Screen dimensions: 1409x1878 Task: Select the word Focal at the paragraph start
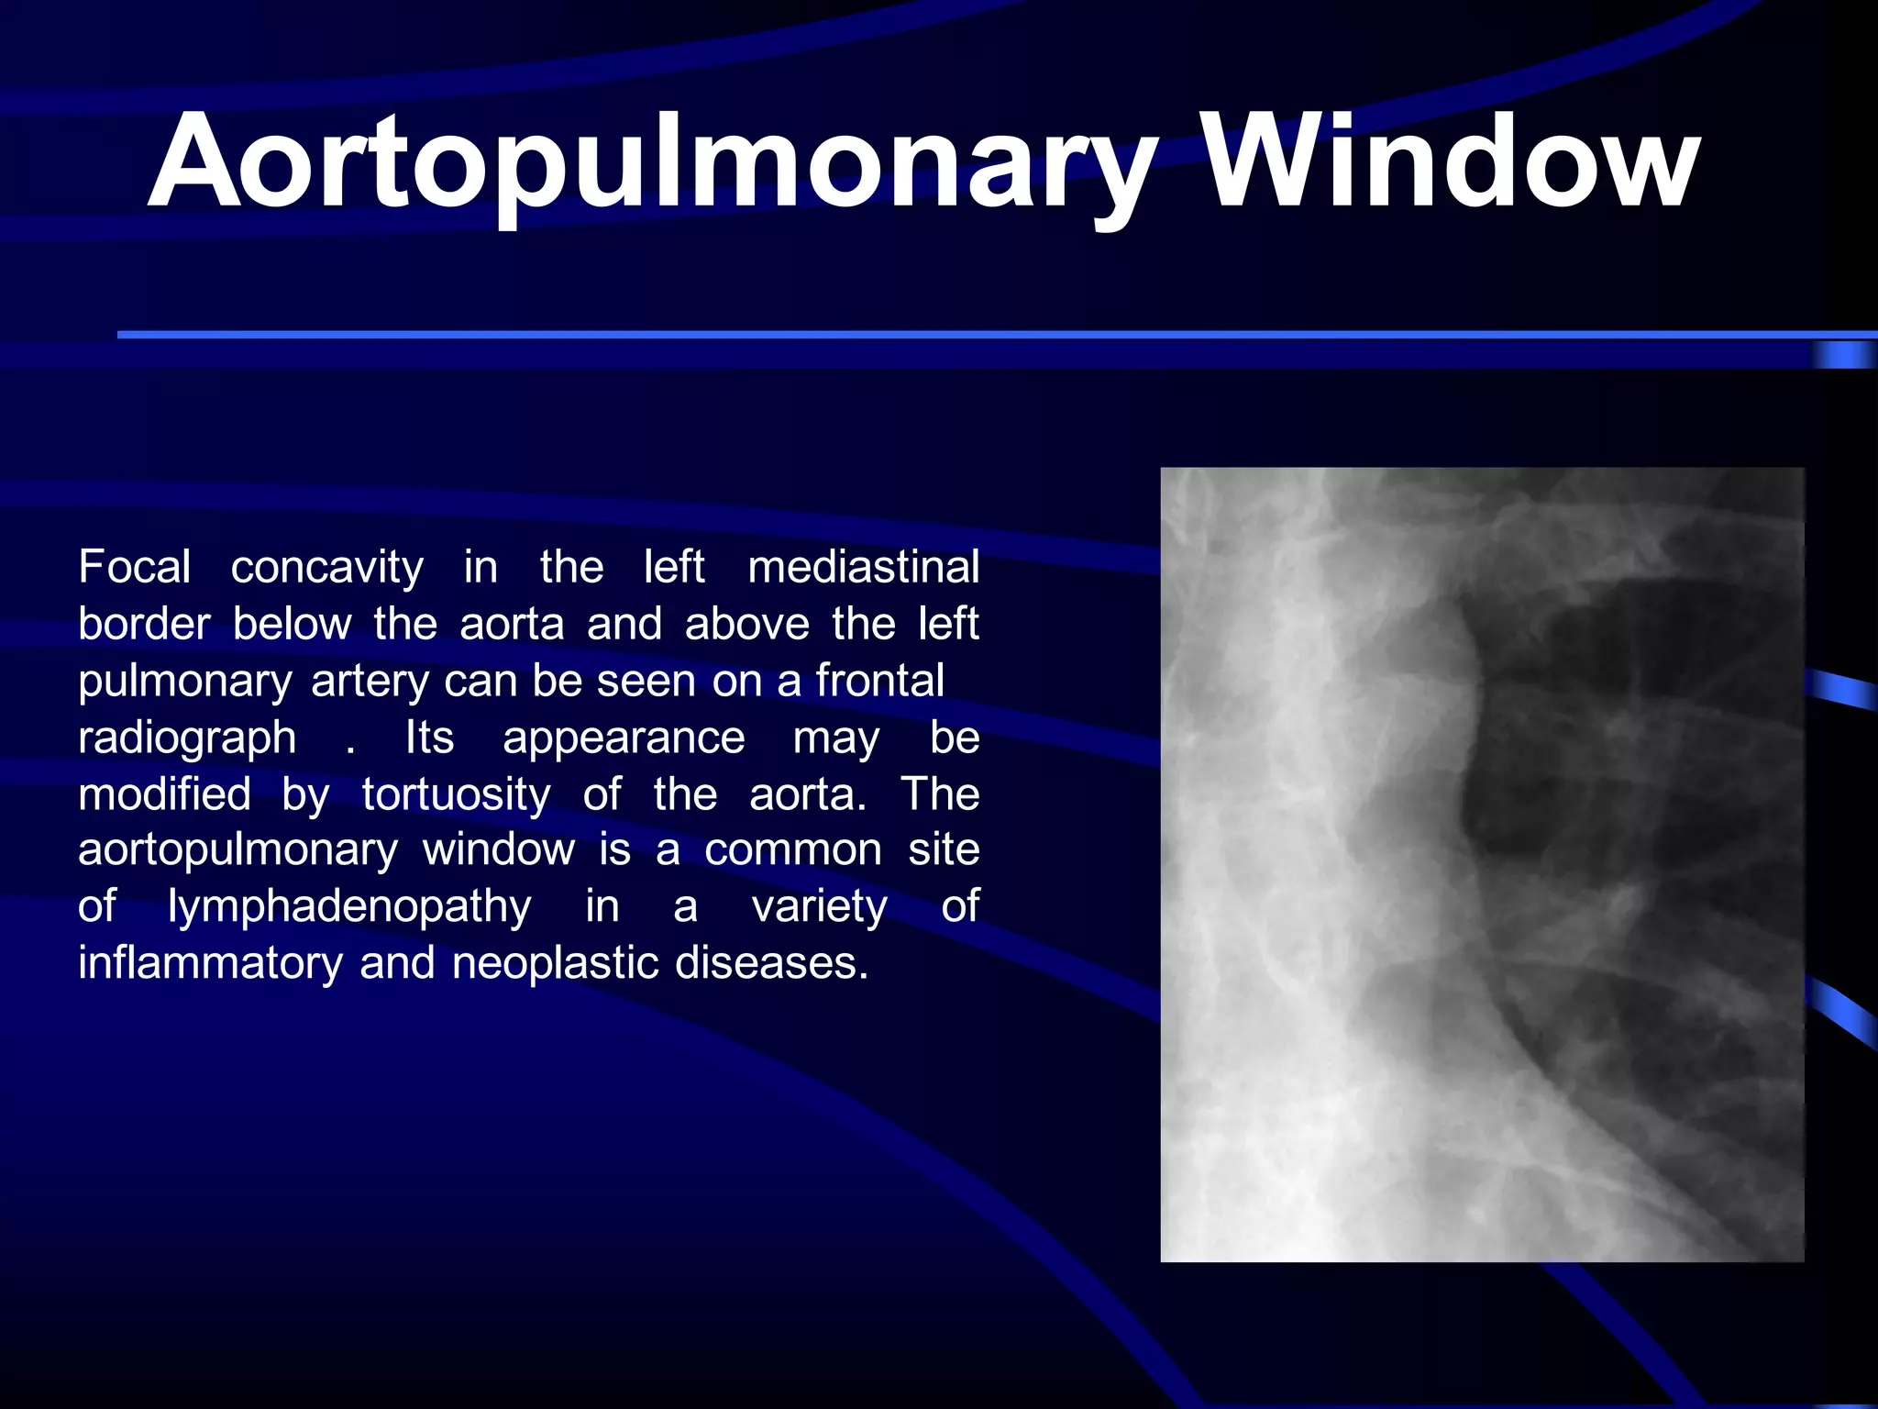tap(135, 567)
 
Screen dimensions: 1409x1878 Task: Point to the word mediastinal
tap(863, 567)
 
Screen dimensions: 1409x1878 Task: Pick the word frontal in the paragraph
tap(879, 681)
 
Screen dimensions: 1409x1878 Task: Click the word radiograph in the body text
tap(187, 738)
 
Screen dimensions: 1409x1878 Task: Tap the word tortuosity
tap(456, 794)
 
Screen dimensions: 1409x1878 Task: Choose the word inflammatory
tap(210, 963)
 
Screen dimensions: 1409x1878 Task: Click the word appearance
tap(624, 738)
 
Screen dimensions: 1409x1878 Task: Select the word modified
tap(164, 794)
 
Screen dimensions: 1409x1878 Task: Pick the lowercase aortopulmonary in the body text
tap(238, 851)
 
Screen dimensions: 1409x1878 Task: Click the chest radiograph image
tap(1482, 864)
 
